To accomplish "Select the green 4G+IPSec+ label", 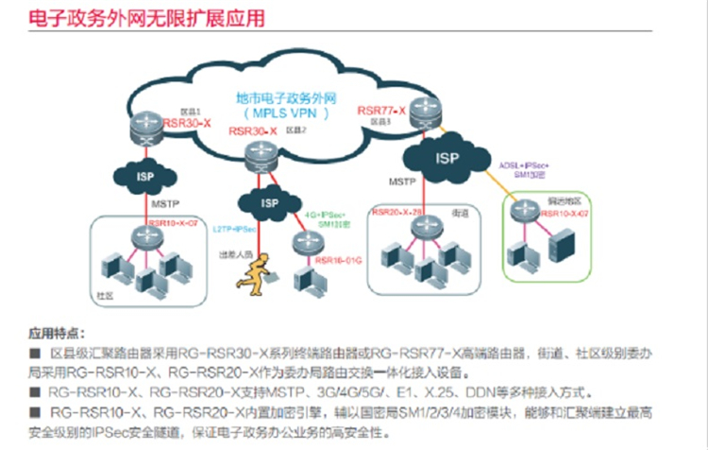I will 329,216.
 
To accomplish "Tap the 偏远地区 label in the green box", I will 563,203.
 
